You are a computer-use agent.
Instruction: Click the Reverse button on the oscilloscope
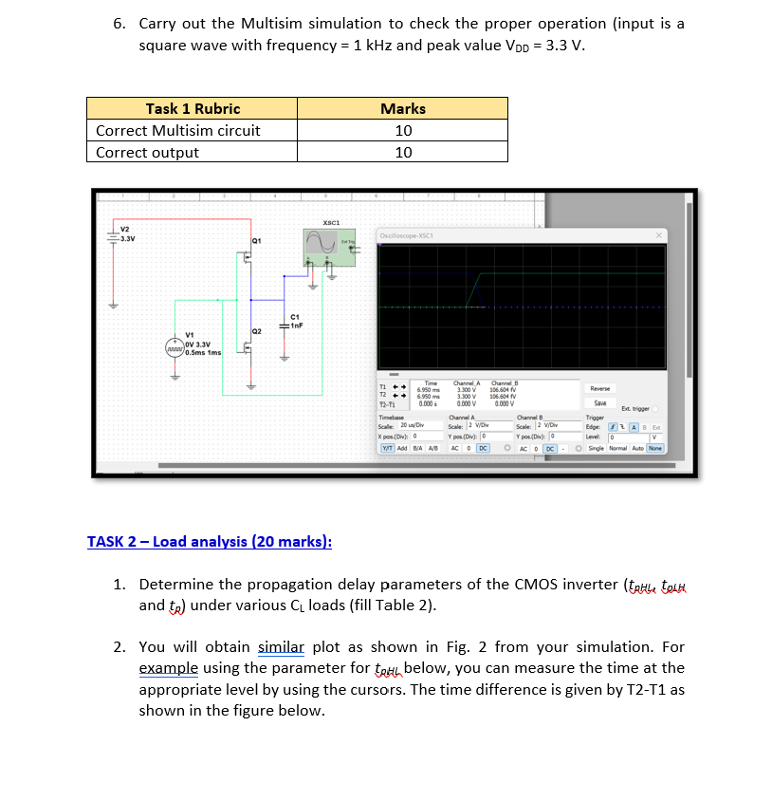[599, 388]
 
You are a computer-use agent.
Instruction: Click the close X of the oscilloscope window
[657, 234]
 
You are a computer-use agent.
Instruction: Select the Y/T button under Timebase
[389, 448]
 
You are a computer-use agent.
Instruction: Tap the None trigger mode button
[655, 448]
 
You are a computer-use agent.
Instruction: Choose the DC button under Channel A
[484, 448]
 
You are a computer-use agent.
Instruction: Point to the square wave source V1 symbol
[175, 348]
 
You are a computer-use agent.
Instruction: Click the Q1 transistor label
[256, 239]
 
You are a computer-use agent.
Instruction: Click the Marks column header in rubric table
[403, 108]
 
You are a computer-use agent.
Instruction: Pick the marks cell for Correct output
[403, 152]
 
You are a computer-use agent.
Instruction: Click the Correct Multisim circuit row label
[178, 130]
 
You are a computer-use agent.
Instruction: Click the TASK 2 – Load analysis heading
[210, 542]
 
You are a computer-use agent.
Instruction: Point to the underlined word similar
[281, 647]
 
